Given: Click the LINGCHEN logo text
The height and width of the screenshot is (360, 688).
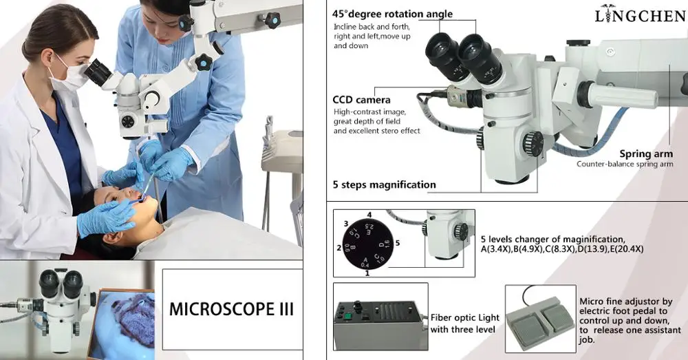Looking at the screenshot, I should click(640, 14).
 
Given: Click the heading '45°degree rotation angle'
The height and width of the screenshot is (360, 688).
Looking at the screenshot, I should click(392, 14).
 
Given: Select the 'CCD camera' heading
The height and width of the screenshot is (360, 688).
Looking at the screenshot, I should click(361, 100).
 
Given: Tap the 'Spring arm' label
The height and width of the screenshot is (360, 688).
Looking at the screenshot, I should click(645, 154).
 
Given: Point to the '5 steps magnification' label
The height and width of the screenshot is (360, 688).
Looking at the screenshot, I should click(384, 184).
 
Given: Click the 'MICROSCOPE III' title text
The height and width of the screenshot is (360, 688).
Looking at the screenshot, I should click(231, 308).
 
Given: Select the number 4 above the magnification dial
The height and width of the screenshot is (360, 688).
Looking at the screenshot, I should click(369, 214).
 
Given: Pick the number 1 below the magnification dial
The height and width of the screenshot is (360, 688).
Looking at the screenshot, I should click(367, 273).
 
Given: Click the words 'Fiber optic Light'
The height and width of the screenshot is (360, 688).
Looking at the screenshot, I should click(464, 318).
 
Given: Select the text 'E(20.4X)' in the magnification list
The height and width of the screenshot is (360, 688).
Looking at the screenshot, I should click(623, 248).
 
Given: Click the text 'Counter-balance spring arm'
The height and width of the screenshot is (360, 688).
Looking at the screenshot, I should click(625, 164).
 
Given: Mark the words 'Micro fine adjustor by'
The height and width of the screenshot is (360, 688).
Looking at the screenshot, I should click(625, 301).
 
